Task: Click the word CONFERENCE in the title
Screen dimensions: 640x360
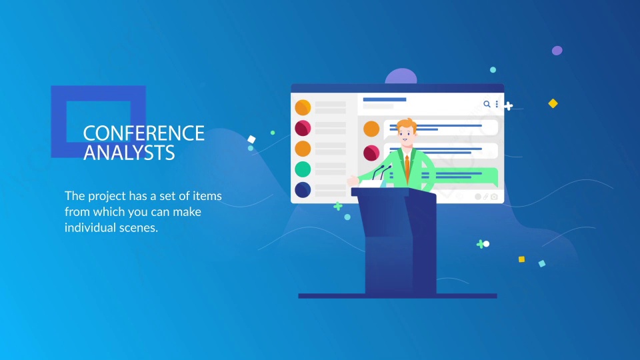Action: tap(144, 133)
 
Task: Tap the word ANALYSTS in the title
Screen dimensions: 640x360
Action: tap(129, 153)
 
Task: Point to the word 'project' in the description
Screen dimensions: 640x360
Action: tap(107, 196)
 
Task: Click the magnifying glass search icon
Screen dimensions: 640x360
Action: tap(487, 104)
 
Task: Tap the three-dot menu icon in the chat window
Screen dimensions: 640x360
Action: tap(497, 104)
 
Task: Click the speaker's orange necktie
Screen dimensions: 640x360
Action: tap(407, 168)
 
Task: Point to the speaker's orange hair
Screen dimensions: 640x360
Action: tap(407, 124)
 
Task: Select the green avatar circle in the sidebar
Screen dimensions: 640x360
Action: tap(303, 169)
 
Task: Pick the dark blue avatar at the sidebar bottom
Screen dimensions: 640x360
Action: tap(303, 190)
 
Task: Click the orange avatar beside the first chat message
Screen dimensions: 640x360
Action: tap(371, 129)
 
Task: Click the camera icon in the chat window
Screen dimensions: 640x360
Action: tap(494, 197)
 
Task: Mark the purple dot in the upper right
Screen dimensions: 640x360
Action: tap(557, 51)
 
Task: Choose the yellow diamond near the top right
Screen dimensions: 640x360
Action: tap(553, 104)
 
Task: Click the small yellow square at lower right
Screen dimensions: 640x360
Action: tap(521, 259)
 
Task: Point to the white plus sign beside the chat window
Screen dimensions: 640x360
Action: tap(508, 107)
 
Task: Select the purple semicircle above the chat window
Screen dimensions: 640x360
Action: tap(401, 77)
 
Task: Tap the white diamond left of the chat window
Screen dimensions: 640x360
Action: tap(251, 139)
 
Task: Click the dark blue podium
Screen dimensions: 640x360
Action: tap(398, 241)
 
